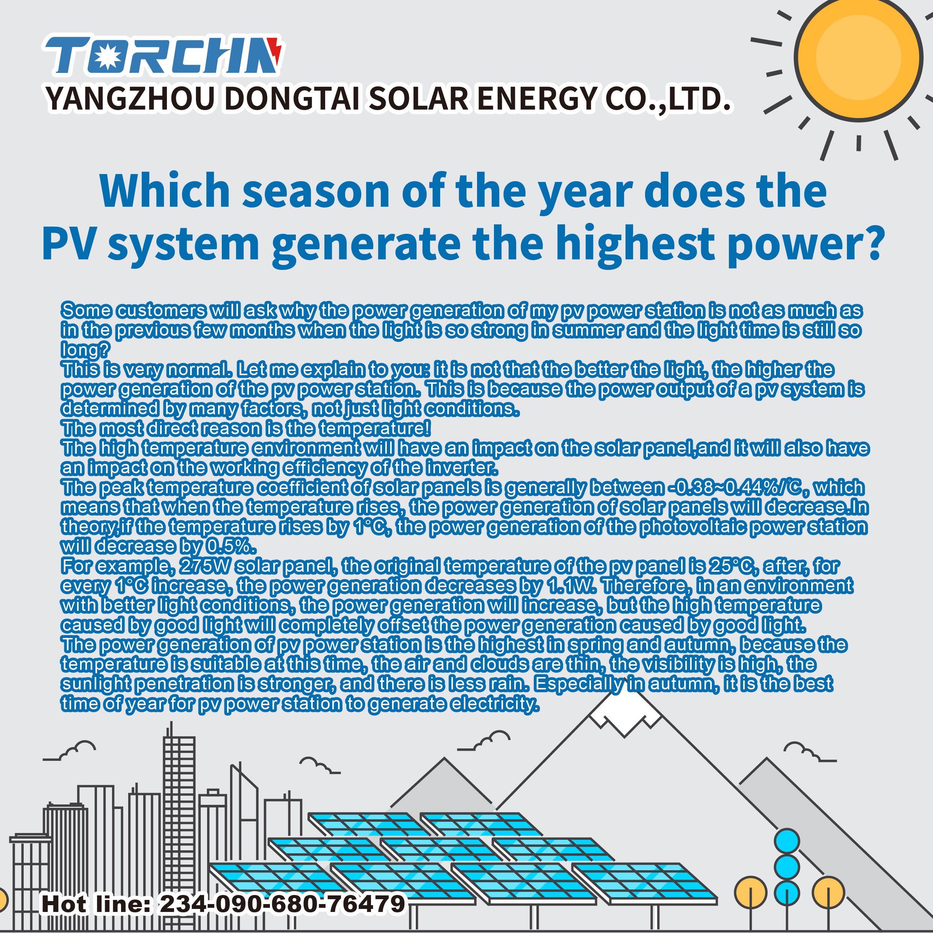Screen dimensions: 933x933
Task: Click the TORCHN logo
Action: pos(163,56)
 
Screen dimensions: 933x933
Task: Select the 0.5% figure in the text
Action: pos(230,546)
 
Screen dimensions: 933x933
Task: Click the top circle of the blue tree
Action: pos(787,841)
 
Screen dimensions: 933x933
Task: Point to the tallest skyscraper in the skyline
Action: pos(179,821)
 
